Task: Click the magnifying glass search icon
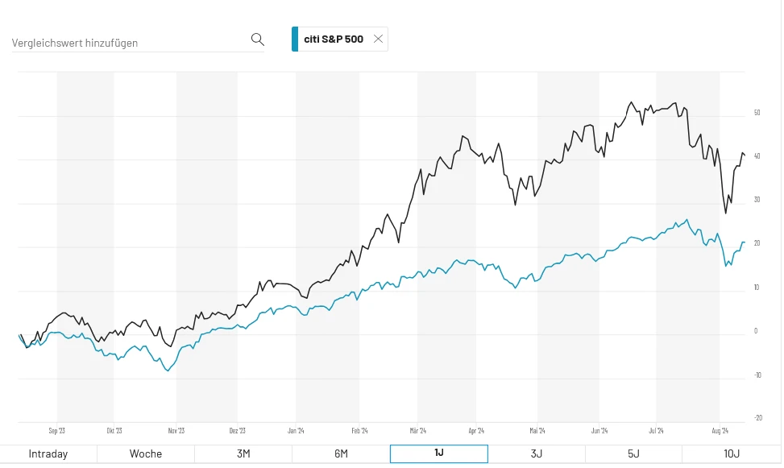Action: point(257,39)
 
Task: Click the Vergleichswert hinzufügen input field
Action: point(129,43)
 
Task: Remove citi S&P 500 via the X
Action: point(378,39)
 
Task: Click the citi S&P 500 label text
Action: point(333,39)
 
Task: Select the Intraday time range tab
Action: point(48,454)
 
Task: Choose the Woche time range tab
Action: point(146,454)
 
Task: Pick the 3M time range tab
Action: point(243,454)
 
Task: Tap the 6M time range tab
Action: point(341,454)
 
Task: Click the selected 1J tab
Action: point(438,454)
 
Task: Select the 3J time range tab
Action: point(536,454)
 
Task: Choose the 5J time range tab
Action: point(633,454)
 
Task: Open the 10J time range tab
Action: point(732,454)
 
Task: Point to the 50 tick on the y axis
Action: point(757,113)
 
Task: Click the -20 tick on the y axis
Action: point(758,417)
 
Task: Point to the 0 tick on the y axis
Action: point(755,330)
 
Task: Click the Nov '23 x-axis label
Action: point(176,431)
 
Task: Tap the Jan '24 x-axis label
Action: point(296,431)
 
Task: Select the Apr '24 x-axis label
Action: point(476,431)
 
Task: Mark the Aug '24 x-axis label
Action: point(720,431)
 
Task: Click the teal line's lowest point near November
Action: point(168,371)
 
